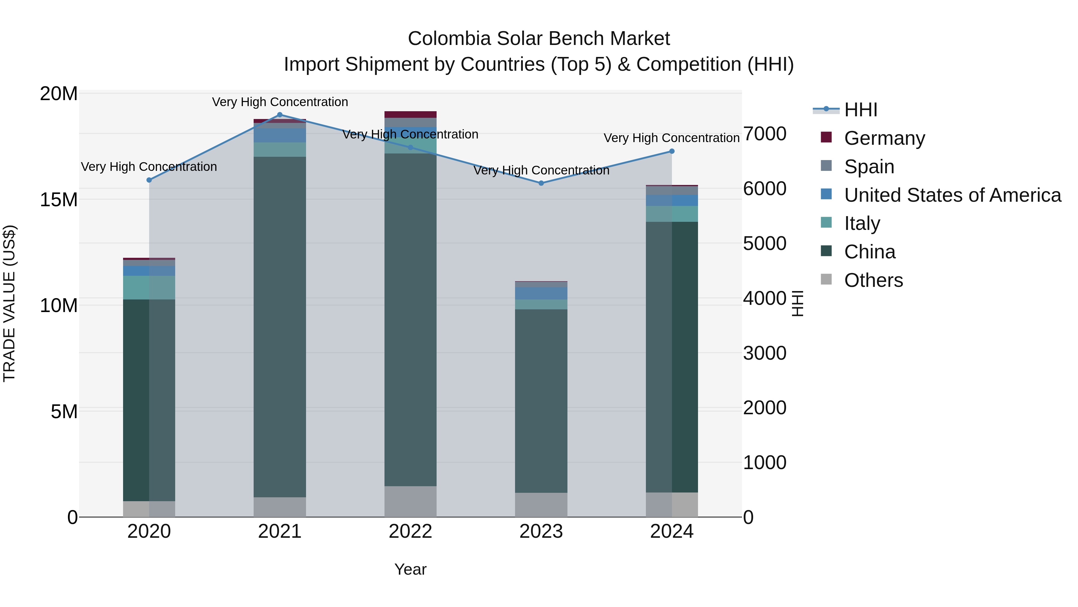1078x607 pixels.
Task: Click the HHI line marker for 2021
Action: pos(280,115)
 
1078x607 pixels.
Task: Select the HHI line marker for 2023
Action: pos(541,183)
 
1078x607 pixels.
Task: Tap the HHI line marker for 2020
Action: pos(149,180)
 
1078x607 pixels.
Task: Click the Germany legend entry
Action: pos(884,138)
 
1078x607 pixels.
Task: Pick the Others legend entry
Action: pos(873,280)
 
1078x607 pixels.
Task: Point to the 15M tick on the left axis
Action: pos(59,200)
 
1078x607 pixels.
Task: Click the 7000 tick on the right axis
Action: pos(764,134)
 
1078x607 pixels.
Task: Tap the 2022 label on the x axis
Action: pos(410,531)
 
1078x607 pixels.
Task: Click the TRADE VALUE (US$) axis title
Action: pos(10,303)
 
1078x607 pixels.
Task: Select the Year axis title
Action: pos(410,569)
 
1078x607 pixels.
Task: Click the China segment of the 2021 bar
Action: pos(280,327)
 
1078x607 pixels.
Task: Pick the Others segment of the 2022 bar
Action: pos(410,501)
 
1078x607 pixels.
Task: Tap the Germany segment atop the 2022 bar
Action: pos(410,115)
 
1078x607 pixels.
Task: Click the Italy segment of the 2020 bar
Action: pos(149,287)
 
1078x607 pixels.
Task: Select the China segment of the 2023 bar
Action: pos(541,401)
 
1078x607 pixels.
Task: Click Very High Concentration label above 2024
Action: pos(671,138)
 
